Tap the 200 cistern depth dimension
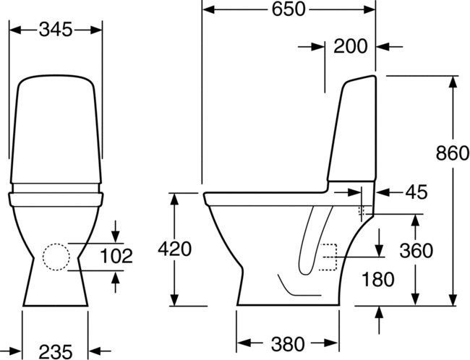coord(351,47)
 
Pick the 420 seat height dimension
coord(174,249)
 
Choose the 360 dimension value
coord(415,250)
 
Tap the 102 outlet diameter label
coord(116,255)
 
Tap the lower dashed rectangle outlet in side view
coord(330,257)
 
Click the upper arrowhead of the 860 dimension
coord(453,80)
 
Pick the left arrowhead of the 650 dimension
coord(207,9)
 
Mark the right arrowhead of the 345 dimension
coord(97,30)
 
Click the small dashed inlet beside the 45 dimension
coord(364,212)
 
